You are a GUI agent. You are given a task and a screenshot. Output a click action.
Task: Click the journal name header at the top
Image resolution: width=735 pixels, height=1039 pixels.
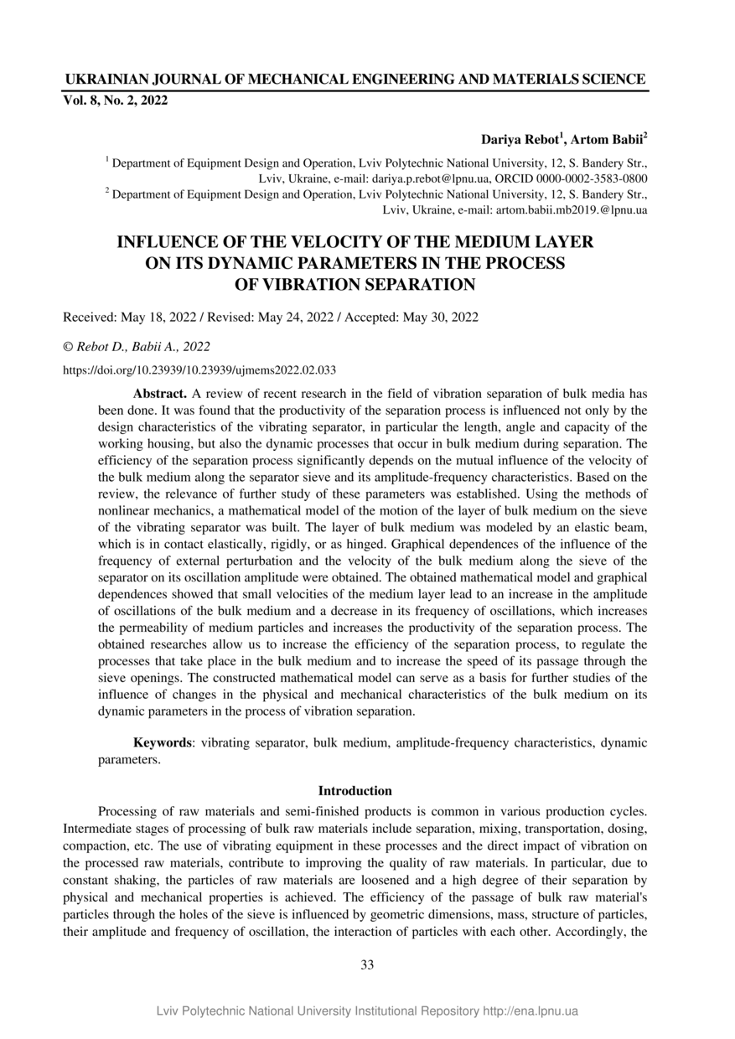[x=355, y=80]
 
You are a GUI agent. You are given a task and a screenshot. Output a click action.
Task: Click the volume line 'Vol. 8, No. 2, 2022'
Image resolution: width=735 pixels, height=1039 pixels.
[x=116, y=101]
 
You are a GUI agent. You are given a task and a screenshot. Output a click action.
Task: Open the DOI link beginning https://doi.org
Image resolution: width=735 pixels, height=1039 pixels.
[x=200, y=369]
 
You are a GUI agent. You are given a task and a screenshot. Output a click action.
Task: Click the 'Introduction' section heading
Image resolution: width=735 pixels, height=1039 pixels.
[x=355, y=790]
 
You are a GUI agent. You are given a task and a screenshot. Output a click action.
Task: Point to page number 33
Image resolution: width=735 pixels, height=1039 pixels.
[x=367, y=964]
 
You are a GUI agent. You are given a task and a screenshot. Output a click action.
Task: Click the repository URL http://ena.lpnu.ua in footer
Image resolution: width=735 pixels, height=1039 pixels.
[x=531, y=1011]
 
